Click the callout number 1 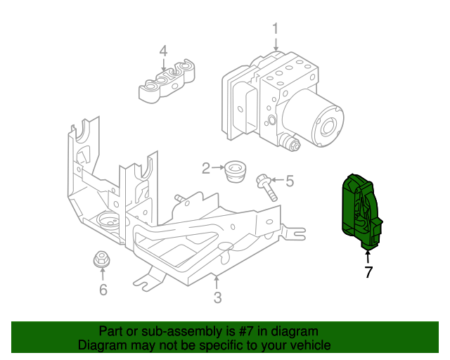coord(276,29)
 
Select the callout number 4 coord(163,51)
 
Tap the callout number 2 coord(206,168)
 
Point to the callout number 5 coord(289,181)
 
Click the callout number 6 coord(103,289)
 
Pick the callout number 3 coord(217,297)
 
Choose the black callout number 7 coord(368,272)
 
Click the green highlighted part coord(360,211)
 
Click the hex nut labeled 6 coord(102,261)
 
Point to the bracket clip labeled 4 coord(166,81)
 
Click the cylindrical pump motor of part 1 coord(320,123)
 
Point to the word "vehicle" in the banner coord(307,345)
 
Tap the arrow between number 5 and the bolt coord(276,181)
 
